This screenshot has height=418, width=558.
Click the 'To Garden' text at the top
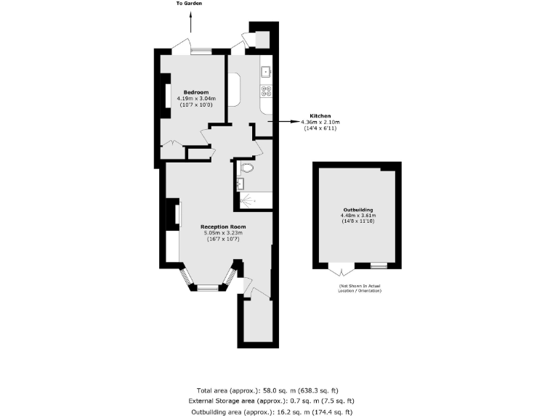189,4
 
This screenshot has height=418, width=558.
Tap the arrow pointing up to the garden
190,24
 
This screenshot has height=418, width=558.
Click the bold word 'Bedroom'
196,92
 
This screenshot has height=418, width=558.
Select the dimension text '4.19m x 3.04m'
196,99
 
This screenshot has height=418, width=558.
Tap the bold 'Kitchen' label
320,116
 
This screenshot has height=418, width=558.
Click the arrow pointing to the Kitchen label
287,122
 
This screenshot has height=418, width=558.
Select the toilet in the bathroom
248,168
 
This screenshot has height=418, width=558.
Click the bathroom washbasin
240,183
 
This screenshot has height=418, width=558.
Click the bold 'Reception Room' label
223,227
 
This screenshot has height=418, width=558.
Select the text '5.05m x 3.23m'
223,234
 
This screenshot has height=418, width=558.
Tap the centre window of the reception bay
208,289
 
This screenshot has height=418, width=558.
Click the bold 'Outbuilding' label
357,210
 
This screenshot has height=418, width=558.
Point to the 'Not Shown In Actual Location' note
359,288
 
